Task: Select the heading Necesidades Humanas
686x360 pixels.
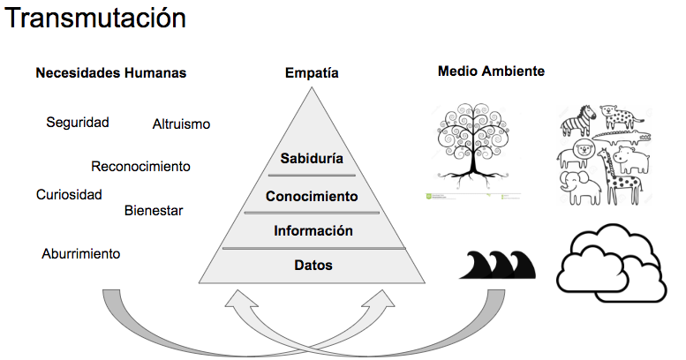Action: tap(110, 73)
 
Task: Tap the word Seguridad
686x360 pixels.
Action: tap(78, 123)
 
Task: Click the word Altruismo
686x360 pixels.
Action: tap(181, 124)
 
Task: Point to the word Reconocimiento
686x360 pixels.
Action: tap(140, 166)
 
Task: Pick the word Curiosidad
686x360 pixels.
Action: tap(69, 194)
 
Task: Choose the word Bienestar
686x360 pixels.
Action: tap(154, 211)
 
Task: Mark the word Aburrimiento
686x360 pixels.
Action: tap(81, 254)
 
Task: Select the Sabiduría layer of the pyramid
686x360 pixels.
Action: tap(311, 159)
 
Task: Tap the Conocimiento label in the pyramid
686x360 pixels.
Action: tap(312, 196)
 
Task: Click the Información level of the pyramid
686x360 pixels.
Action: tap(313, 231)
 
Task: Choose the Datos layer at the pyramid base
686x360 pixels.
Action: tap(313, 264)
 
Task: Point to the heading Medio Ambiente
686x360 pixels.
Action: tap(491, 71)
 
